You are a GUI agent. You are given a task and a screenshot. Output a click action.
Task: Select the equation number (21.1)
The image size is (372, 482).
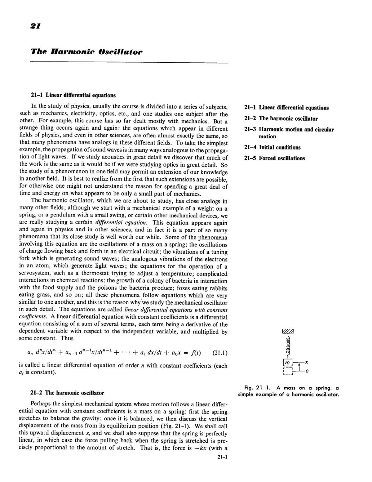(x=220, y=353)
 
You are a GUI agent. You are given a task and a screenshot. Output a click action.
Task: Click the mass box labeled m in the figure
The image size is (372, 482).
(x=288, y=363)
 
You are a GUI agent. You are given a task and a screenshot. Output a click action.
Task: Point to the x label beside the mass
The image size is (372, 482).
(x=306, y=362)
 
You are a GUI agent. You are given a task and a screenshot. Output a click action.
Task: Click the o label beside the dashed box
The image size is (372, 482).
(x=307, y=371)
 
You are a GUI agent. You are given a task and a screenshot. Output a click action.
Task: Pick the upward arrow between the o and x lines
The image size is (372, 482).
(x=299, y=366)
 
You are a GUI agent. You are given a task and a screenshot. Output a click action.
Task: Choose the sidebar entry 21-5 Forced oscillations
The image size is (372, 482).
(x=274, y=158)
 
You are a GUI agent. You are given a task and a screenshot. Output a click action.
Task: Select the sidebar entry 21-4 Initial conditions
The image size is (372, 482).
(x=272, y=147)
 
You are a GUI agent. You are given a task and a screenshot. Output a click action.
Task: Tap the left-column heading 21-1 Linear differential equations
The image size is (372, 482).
(x=73, y=95)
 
